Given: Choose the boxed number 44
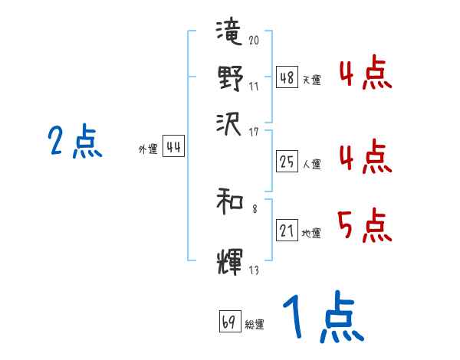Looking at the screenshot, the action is [174, 147].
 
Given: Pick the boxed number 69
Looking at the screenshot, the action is [228, 322].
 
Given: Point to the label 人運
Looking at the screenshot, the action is [311, 164].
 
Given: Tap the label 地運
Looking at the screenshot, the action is [311, 233].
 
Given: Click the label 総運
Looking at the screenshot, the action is [254, 325].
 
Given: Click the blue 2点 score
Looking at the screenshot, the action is [74, 142].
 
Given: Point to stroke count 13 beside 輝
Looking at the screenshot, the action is [254, 270].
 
